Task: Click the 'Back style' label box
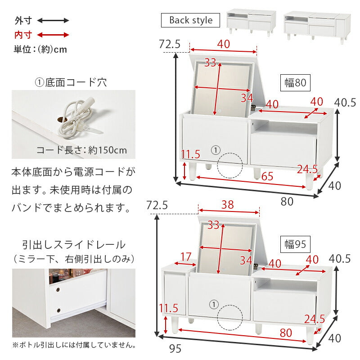pyautogui.click(x=190, y=20)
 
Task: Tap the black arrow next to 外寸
pyautogui.click(x=53, y=20)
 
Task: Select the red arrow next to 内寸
pyautogui.click(x=53, y=35)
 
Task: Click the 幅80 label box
pyautogui.click(x=295, y=83)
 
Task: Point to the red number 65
pyautogui.click(x=267, y=176)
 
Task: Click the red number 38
pyautogui.click(x=228, y=205)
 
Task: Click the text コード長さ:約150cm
pyautogui.click(x=81, y=150)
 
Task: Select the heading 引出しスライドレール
pyautogui.click(x=73, y=245)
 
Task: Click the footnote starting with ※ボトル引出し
pyautogui.click(x=74, y=345)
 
